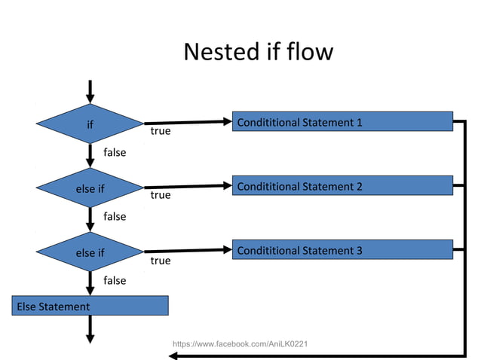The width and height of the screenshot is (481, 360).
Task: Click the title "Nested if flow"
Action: coord(258,52)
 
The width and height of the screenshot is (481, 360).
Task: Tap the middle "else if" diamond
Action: coord(90,188)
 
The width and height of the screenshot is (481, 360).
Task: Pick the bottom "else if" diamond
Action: coord(90,252)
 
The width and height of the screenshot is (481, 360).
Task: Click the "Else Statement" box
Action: coord(90,306)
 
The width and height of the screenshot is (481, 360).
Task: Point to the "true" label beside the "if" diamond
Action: coord(161,131)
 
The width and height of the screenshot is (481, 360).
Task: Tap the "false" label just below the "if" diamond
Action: coord(115,152)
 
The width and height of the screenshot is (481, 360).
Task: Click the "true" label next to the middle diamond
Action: coord(161,195)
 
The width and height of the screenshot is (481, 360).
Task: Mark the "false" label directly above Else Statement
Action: coord(115,280)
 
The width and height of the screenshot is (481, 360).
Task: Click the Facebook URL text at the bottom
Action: coord(240,344)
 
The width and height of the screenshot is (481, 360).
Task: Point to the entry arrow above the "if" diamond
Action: coord(90,90)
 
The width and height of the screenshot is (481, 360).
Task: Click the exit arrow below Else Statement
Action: coord(90,330)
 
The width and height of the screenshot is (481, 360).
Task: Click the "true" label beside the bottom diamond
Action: coord(161,261)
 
